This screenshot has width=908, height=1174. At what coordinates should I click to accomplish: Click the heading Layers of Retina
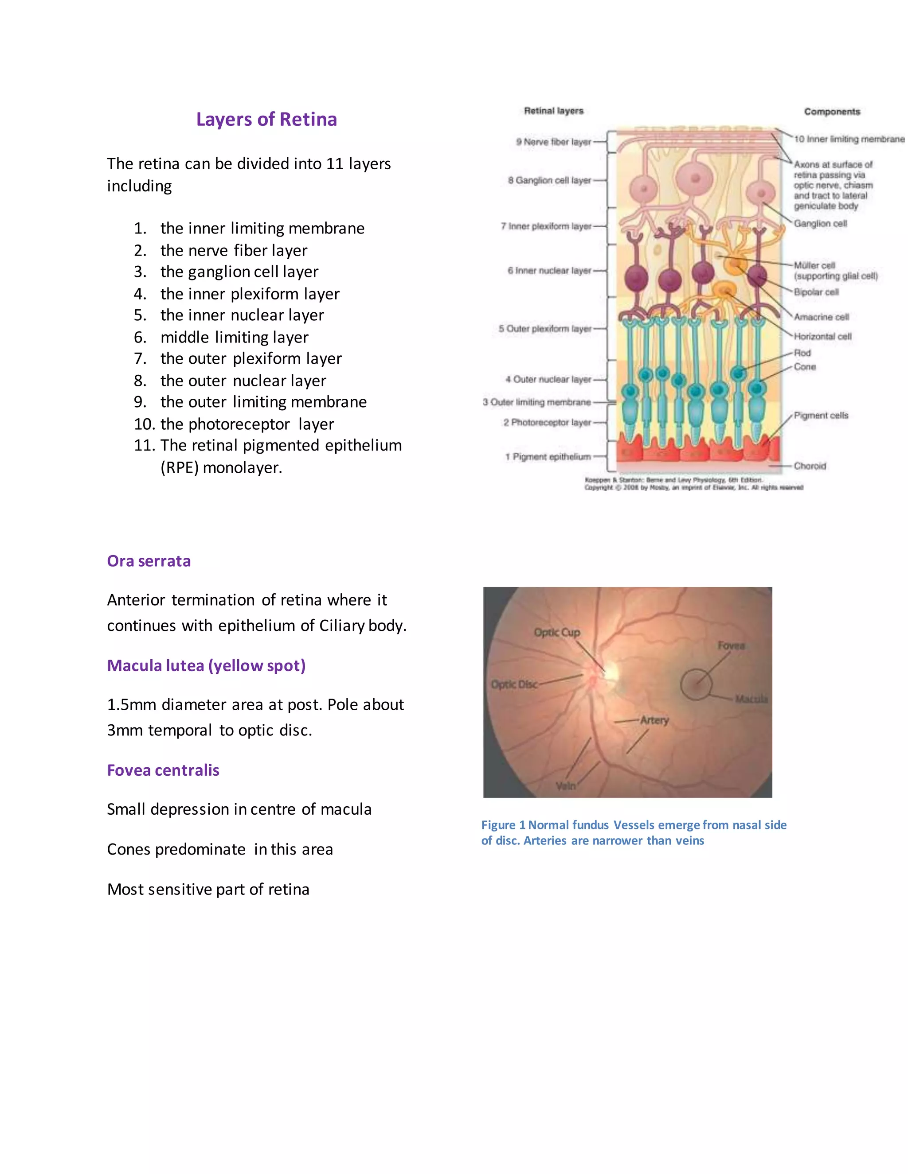tap(266, 119)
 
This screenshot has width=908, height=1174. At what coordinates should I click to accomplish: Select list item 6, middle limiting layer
tap(234, 337)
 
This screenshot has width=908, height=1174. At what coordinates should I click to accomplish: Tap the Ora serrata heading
tap(149, 561)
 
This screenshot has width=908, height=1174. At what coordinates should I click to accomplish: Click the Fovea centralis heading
tap(163, 770)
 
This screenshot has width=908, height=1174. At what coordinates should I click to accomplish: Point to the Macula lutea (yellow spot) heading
tap(206, 665)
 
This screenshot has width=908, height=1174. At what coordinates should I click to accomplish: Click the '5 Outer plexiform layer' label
tap(544, 328)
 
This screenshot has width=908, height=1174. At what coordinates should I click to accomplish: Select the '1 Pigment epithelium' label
tap(548, 456)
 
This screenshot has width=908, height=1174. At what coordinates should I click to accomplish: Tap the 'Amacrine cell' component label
tap(822, 317)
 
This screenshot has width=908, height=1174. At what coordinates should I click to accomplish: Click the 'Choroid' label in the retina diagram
tap(810, 466)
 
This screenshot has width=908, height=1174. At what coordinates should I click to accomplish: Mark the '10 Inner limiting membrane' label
tap(849, 139)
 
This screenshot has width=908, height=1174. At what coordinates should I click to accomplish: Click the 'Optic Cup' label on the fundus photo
tap(557, 633)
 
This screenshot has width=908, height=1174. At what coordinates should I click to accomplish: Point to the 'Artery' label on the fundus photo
tap(654, 720)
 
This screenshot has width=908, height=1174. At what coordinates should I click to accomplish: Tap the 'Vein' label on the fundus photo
tap(565, 786)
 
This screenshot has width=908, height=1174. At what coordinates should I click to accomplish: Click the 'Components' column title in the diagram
tap(832, 112)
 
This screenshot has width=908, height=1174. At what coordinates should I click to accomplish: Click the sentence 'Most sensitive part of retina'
tap(208, 890)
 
